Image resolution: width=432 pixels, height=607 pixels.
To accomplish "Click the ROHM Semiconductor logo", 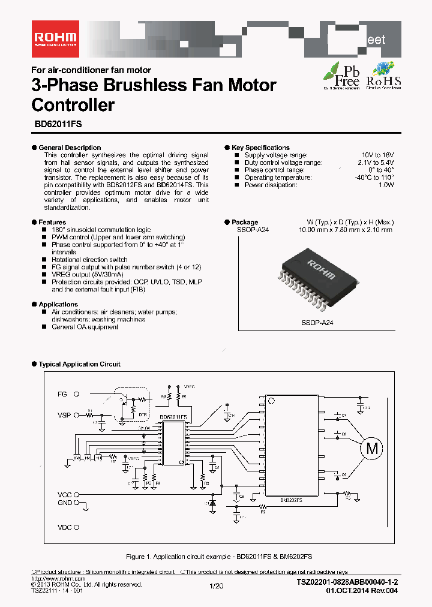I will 55,37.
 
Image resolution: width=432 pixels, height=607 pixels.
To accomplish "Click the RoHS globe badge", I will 383,75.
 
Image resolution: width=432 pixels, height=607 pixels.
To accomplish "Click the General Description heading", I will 70,148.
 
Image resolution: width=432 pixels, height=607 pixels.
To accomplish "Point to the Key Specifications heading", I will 260,148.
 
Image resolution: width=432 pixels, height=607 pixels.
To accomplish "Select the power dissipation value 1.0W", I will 385,185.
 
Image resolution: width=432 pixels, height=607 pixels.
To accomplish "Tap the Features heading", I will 52,223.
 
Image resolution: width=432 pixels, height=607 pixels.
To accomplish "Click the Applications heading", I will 58,305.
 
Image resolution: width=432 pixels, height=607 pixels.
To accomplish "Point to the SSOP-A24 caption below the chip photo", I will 317,323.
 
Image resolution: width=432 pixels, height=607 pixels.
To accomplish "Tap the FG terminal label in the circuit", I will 62,394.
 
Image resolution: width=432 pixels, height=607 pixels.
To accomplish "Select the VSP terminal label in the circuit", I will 64,415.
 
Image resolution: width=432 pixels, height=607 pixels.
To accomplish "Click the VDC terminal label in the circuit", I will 64,528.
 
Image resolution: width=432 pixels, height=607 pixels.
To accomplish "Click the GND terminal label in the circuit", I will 64,503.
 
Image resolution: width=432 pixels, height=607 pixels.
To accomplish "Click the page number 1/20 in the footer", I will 216,586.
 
